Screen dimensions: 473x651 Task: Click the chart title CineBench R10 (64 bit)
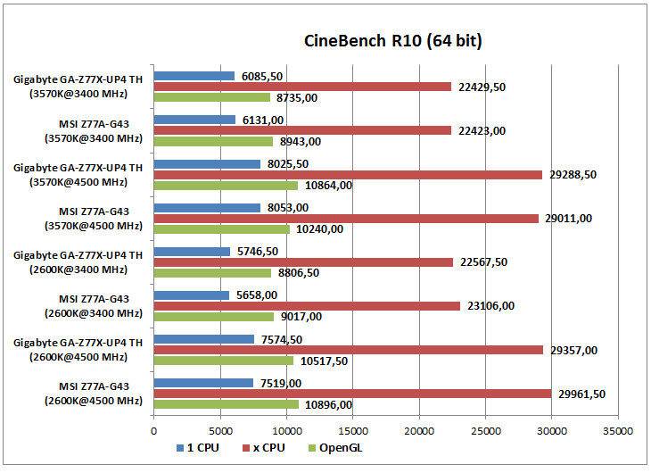tap(393, 41)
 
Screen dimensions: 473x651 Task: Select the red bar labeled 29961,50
tap(352, 394)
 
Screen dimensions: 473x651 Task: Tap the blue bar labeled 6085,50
tap(194, 76)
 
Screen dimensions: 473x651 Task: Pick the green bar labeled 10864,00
tap(226, 186)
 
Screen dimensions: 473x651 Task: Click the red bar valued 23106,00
tap(307, 306)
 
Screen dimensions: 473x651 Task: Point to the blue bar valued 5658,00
tap(192, 295)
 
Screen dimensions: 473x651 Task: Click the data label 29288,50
tap(572, 175)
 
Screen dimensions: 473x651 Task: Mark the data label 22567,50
tap(482, 262)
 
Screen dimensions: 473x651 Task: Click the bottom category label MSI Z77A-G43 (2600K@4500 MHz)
tap(93, 394)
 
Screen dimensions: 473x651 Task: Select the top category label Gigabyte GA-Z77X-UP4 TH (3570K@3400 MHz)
tap(78, 87)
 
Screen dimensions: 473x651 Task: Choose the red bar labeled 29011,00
tap(346, 219)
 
